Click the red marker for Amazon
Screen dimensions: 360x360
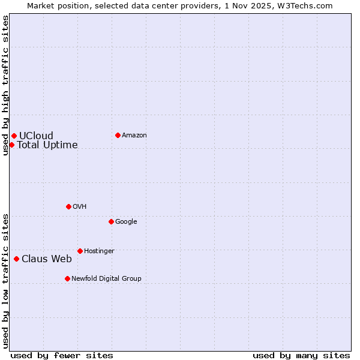pyautogui.click(x=118, y=135)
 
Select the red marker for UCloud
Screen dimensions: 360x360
pyautogui.click(x=14, y=136)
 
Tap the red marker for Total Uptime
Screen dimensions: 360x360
pyautogui.click(x=11, y=145)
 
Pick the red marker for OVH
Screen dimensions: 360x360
pyautogui.click(x=68, y=206)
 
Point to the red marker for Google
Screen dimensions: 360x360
pyautogui.click(x=111, y=221)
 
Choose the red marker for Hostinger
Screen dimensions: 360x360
pyautogui.click(x=80, y=251)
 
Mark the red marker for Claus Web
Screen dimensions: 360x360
pyautogui.click(x=16, y=259)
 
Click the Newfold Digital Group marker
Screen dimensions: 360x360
pyautogui.click(x=67, y=278)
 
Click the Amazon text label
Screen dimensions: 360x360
pyautogui.click(x=134, y=135)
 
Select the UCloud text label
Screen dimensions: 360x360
pyautogui.click(x=36, y=136)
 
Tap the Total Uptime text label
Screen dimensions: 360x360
pyautogui.click(x=47, y=145)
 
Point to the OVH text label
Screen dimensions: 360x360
pyautogui.click(x=80, y=206)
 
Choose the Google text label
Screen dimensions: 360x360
pyautogui.click(x=126, y=221)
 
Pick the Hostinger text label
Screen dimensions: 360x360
pyautogui.click(x=99, y=251)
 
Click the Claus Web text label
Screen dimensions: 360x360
pyautogui.click(x=47, y=259)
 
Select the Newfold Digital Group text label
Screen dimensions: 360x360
pyautogui.click(x=106, y=278)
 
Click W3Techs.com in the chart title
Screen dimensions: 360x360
pyautogui.click(x=305, y=5)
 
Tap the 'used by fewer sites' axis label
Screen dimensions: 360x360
pyautogui.click(x=62, y=355)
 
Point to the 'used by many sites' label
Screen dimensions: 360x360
pyautogui.click(x=301, y=355)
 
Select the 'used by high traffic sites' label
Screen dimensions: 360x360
pyautogui.click(x=5, y=85)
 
